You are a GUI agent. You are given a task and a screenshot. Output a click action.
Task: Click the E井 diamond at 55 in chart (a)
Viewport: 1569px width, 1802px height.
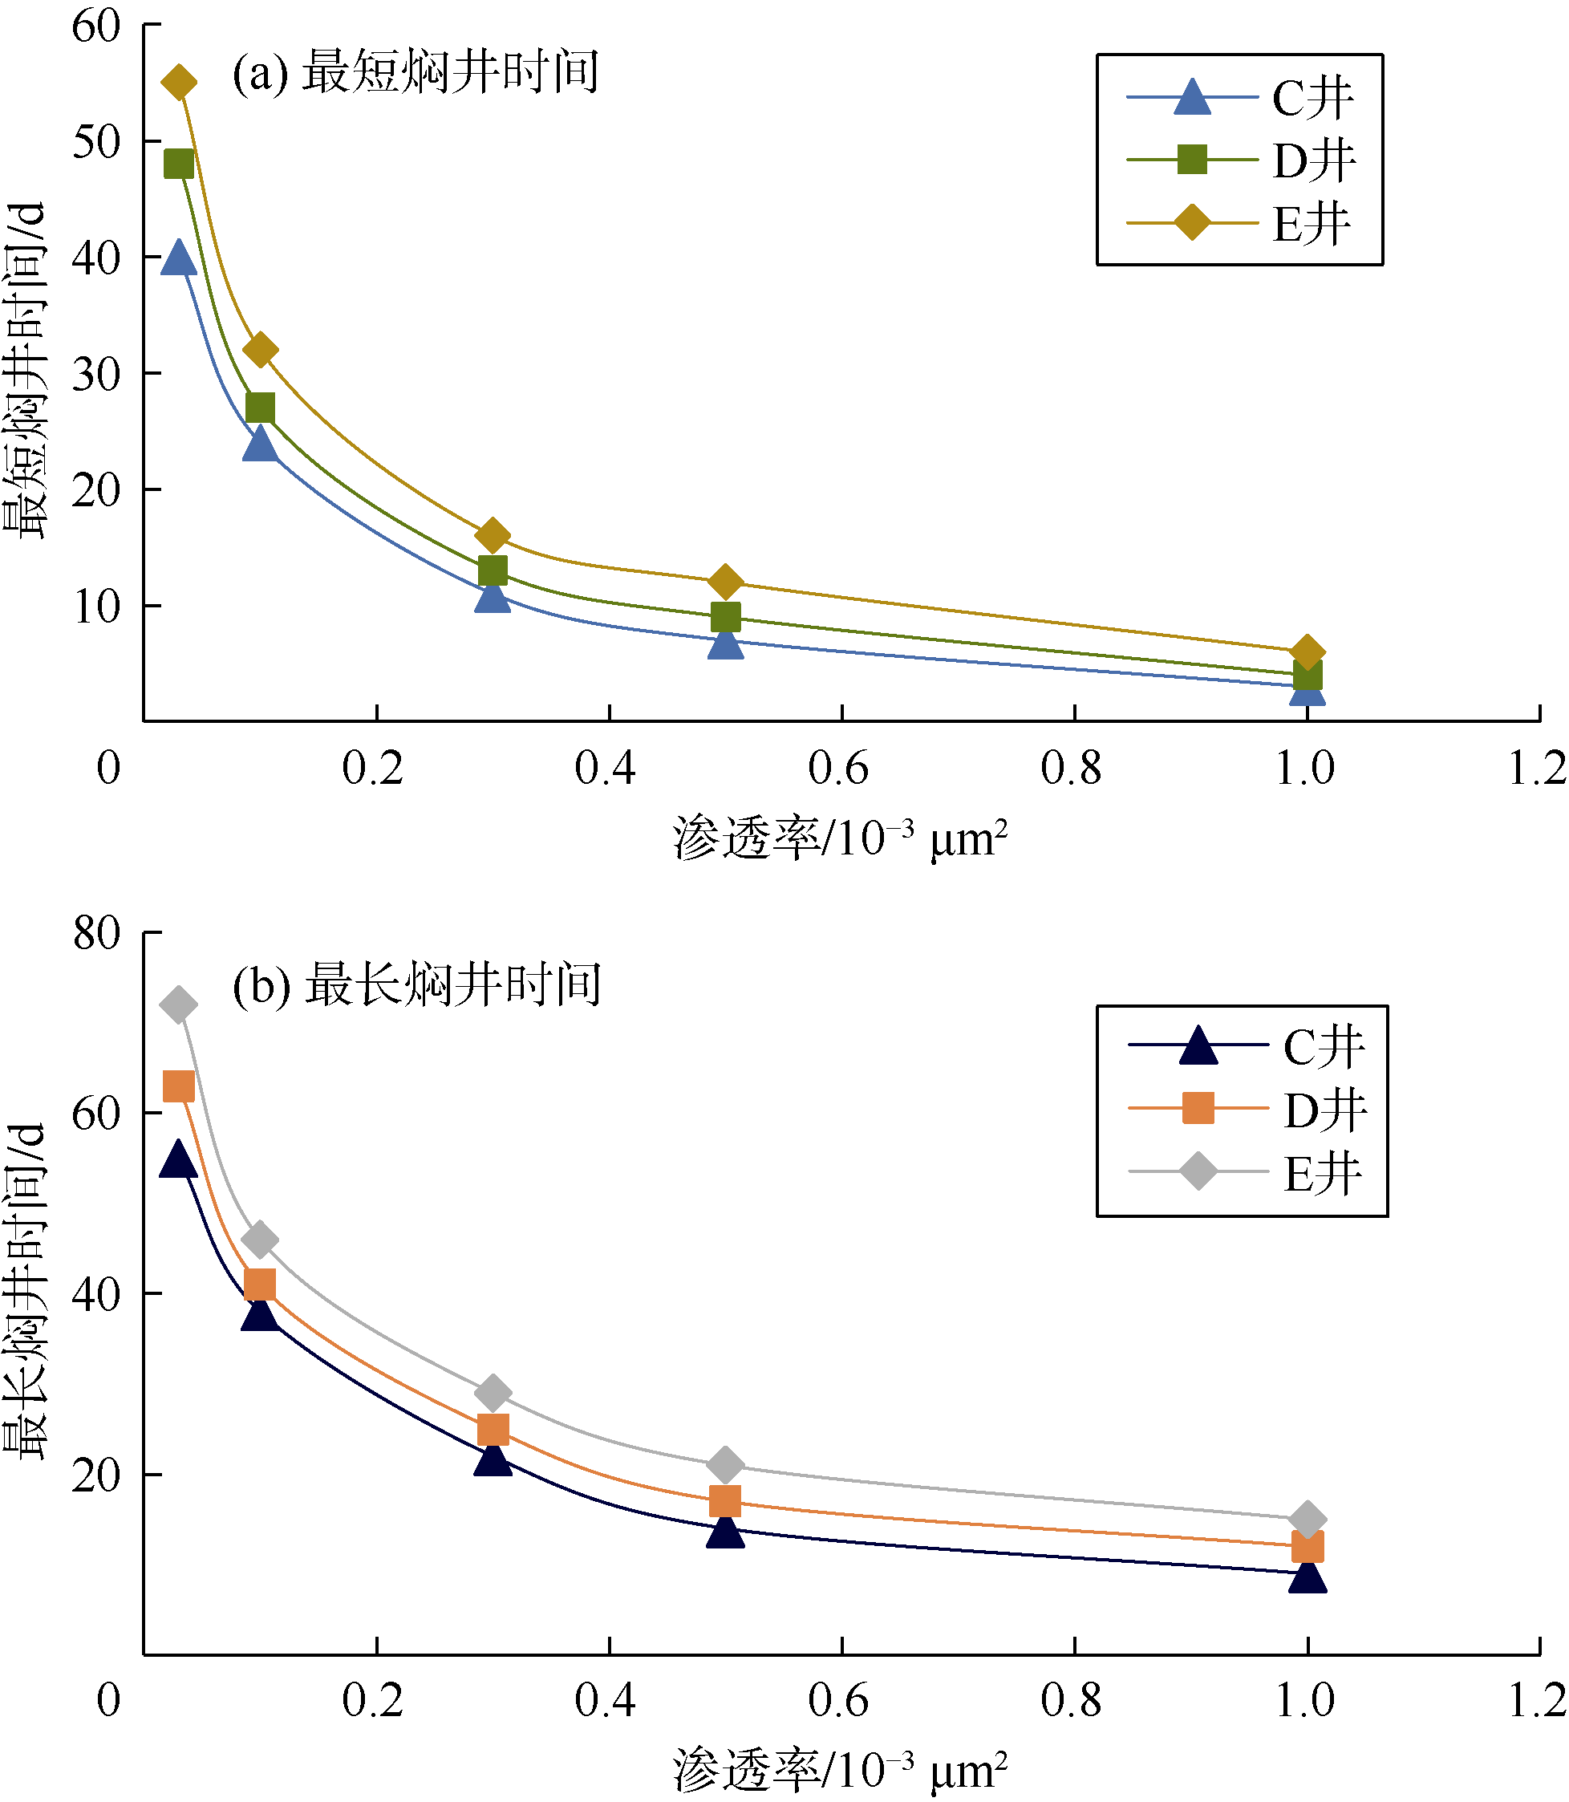(179, 83)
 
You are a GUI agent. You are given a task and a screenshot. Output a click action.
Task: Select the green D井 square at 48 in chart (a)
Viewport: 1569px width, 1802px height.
(179, 164)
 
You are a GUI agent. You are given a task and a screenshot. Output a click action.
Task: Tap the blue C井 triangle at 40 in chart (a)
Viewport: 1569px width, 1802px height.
(179, 258)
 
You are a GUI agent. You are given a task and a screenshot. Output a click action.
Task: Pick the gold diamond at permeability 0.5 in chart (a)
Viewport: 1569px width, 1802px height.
(725, 582)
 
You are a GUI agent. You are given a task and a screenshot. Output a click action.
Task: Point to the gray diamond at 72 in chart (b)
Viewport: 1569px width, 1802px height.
(179, 1004)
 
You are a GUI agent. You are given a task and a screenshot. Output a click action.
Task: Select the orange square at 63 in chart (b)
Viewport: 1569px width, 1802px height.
(179, 1086)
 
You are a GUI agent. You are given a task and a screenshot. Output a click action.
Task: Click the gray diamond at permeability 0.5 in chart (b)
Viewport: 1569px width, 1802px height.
(725, 1464)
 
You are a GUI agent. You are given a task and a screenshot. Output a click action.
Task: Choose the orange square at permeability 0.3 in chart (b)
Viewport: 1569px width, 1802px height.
(493, 1430)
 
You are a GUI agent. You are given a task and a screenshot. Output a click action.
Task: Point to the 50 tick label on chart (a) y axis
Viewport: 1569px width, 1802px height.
(95, 142)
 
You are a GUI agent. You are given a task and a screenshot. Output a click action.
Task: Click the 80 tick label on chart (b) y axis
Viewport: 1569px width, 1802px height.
(95, 933)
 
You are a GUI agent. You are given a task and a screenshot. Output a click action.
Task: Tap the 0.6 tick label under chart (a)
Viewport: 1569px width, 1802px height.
(838, 769)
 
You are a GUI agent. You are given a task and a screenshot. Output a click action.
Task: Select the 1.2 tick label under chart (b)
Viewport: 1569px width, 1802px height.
(1537, 1700)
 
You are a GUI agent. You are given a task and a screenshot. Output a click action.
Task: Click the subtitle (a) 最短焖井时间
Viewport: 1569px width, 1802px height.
(415, 71)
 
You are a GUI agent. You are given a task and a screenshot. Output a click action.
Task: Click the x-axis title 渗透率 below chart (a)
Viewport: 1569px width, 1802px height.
(840, 839)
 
